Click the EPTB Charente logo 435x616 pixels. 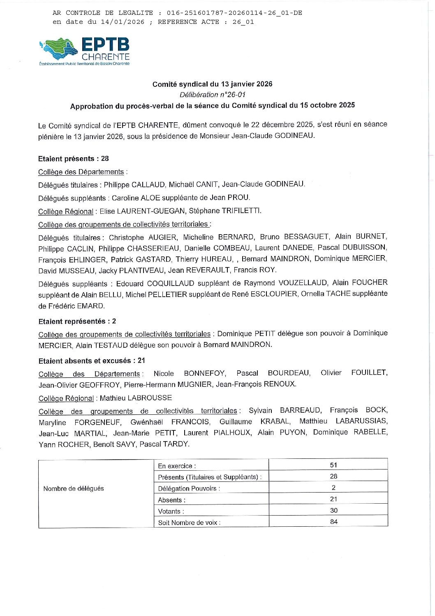click(85, 51)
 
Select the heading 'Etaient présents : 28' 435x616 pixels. click(74, 159)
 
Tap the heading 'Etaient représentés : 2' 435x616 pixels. click(77, 321)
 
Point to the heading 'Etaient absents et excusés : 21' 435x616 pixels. click(92, 361)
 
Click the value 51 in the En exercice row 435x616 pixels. click(333, 465)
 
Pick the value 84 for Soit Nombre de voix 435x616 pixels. click(333, 522)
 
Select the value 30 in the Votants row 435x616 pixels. click(333, 511)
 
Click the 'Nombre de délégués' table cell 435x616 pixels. click(74, 488)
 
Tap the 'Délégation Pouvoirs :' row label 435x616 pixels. click(189, 488)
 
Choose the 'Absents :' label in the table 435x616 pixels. click(172, 500)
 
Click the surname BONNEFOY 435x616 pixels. click(204, 373)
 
